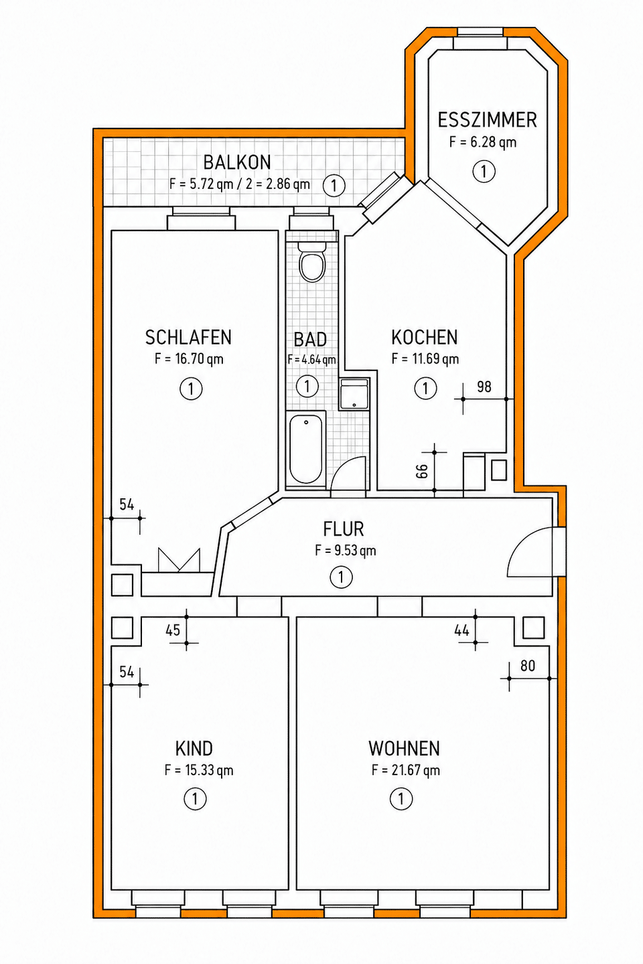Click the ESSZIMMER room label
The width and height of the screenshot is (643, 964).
tap(487, 120)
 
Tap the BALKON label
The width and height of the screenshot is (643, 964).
tap(237, 163)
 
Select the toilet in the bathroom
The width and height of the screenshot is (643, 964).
tap(312, 262)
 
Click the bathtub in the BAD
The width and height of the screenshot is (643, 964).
tap(306, 449)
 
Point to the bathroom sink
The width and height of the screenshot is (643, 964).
tap(354, 394)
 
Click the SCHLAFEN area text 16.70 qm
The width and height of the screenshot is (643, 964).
tap(189, 359)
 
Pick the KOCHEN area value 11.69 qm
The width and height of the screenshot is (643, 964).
tap(425, 359)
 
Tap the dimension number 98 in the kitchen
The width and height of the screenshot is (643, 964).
tap(484, 387)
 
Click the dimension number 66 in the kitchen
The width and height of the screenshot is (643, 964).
tap(423, 471)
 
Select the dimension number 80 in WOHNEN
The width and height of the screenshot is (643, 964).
tap(528, 665)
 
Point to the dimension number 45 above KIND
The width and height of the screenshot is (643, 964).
tap(173, 631)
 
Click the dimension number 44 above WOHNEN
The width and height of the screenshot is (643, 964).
tap(461, 631)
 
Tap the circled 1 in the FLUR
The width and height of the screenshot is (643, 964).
tap(341, 577)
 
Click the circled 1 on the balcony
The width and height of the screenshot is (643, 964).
tap(334, 185)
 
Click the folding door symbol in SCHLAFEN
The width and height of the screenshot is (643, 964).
tap(179, 560)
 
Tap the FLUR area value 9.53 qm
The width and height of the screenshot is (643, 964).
tap(346, 550)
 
